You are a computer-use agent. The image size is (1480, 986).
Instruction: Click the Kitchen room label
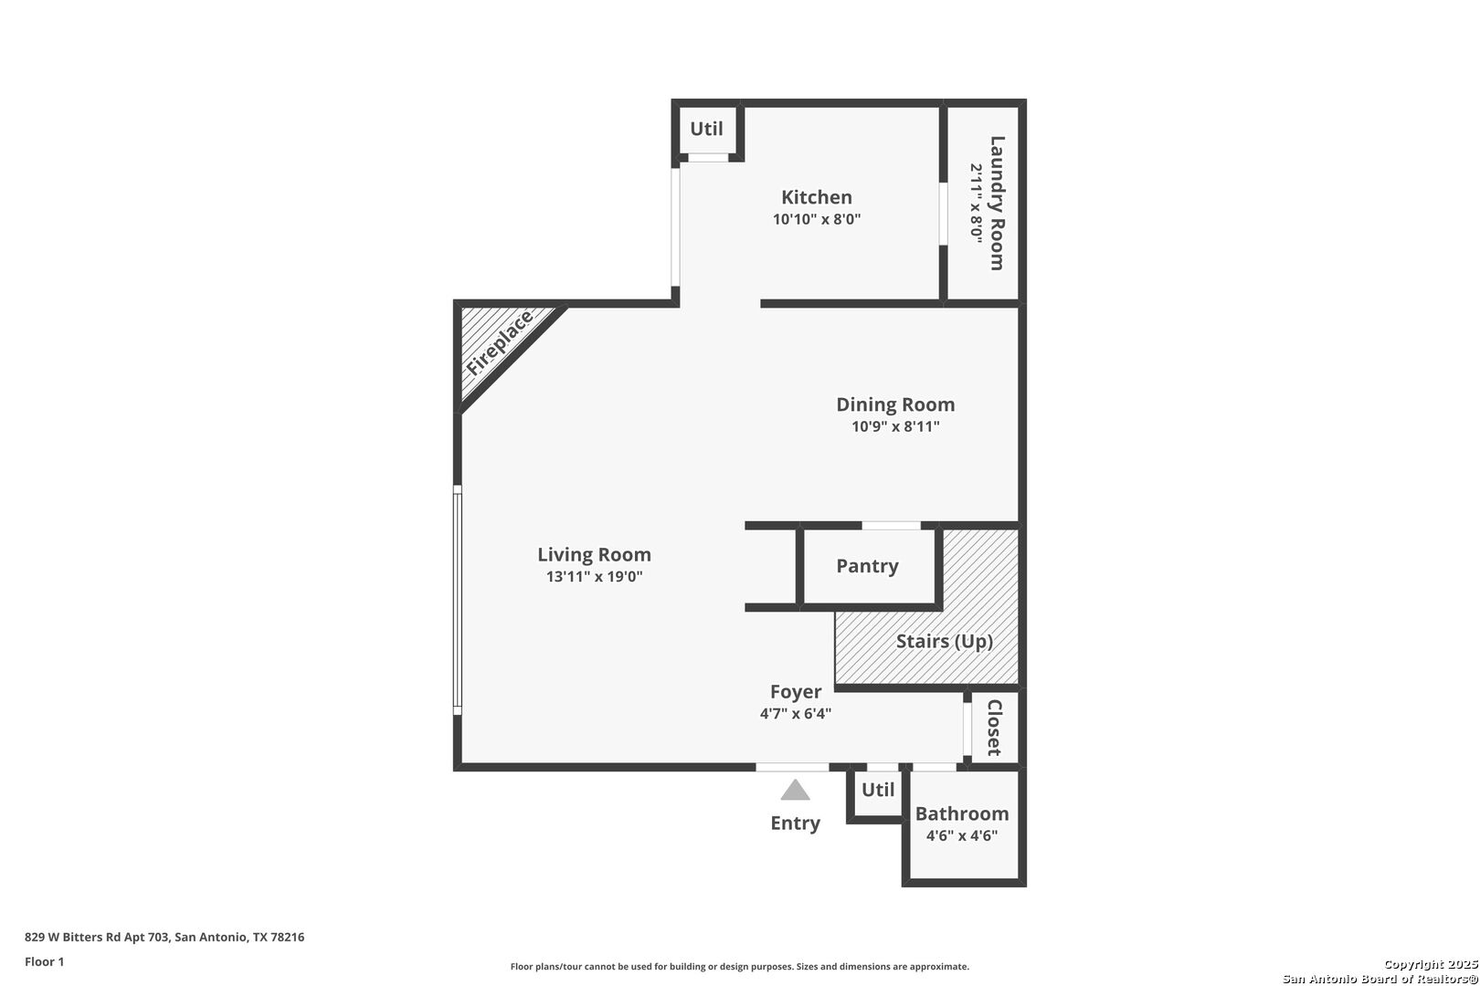817,197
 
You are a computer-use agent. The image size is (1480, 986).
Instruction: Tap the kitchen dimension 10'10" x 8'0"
817,219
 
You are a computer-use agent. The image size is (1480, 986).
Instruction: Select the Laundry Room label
997,204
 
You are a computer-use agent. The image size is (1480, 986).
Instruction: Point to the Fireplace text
500,343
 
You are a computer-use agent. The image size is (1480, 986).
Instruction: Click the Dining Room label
895,404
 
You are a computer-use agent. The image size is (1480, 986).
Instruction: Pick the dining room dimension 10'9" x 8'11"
895,426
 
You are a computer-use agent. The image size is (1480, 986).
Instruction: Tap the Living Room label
594,555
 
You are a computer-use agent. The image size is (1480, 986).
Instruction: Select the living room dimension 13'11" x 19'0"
594,577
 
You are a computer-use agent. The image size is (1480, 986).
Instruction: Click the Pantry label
868,567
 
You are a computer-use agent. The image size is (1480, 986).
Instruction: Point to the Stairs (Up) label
945,641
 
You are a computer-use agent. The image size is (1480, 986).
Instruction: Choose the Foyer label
796,692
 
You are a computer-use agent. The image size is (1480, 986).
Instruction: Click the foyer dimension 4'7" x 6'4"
796,714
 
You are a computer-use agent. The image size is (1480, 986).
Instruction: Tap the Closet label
994,728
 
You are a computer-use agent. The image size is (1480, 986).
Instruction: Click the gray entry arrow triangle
795,792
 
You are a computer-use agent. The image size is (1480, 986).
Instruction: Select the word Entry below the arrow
796,823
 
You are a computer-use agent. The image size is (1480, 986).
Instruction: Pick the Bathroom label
962,813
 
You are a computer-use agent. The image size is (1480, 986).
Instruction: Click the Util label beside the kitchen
706,129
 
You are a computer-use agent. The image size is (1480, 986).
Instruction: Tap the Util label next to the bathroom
878,790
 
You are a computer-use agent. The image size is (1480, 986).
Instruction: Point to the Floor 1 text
44,961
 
